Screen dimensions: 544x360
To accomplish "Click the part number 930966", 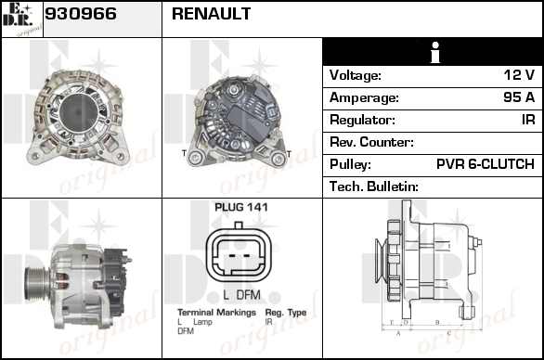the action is [81, 14].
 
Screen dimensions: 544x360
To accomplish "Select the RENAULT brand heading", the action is [211, 14].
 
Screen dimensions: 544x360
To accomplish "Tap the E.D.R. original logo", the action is [22, 19].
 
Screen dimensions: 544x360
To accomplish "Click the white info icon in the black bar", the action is [435, 52].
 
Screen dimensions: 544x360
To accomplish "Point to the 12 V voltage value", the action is [519, 74].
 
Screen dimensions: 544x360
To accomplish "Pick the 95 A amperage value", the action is [519, 97].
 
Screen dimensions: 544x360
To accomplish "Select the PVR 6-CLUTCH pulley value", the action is [486, 164].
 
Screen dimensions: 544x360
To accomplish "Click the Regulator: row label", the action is [362, 120].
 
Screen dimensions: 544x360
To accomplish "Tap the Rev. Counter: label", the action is [371, 142].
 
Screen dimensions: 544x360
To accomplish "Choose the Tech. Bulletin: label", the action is [374, 186].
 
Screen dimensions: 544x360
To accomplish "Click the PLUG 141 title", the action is [241, 207].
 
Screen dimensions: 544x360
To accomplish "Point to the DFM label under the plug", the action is [249, 295].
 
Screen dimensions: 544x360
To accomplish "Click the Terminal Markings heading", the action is [216, 313].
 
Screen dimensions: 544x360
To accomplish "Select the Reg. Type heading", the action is [286, 313].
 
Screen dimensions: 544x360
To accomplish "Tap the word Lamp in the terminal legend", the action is [202, 322].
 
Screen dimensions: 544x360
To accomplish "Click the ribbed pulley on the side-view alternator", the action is [37, 284].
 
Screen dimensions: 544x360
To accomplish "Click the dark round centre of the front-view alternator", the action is [78, 112].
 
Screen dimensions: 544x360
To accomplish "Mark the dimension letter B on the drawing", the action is [437, 322].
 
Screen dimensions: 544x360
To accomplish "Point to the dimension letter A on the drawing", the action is [398, 333].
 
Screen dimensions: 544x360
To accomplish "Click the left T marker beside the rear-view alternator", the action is [184, 153].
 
